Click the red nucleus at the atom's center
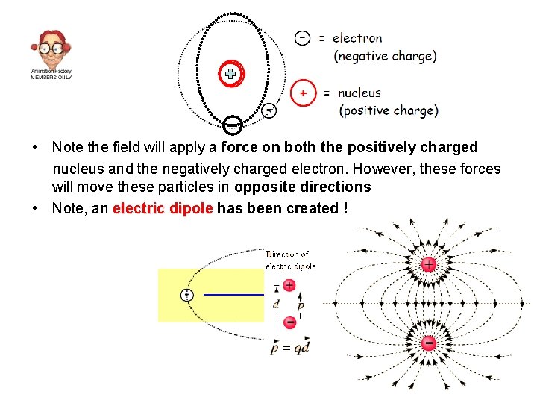[x=231, y=74]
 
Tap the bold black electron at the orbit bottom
[x=232, y=123]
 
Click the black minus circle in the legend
[x=302, y=37]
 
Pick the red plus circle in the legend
[x=303, y=93]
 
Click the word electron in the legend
[x=357, y=38]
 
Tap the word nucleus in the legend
[x=359, y=93]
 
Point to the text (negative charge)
[x=385, y=56]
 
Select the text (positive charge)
[x=389, y=111]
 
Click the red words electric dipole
[x=163, y=208]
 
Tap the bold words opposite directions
[x=302, y=187]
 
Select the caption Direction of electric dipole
[x=291, y=260]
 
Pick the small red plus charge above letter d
[x=289, y=285]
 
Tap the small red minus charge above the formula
[x=290, y=322]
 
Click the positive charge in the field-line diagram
[x=429, y=265]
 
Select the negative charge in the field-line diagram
[x=429, y=343]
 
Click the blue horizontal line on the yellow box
[x=233, y=295]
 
